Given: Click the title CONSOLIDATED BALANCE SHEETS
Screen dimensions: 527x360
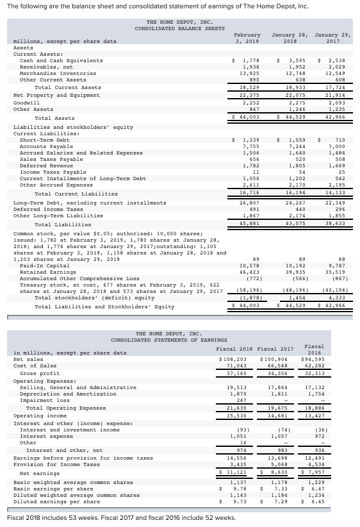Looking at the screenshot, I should click(x=179, y=28).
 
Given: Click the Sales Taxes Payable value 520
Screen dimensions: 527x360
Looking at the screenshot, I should click(x=296, y=159).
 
